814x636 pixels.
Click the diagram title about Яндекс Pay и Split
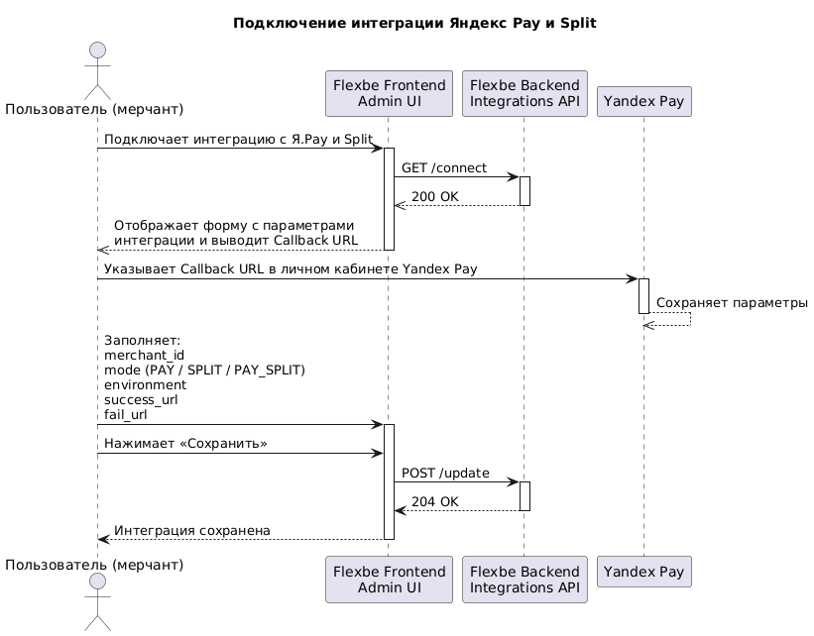tap(414, 24)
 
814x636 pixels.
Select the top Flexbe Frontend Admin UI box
tap(389, 93)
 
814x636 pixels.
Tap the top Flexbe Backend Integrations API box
tap(524, 93)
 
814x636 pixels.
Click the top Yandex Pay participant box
tap(643, 101)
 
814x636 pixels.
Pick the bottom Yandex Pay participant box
tap(643, 572)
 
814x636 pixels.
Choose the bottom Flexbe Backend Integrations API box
tap(524, 580)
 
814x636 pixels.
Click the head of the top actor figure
tap(97, 51)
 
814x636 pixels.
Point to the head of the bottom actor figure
tap(97, 582)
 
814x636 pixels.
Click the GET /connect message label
tap(444, 168)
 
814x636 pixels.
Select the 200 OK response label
tap(435, 197)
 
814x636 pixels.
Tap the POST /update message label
tap(445, 474)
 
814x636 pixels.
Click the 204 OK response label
tap(435, 502)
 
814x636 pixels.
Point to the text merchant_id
tap(145, 356)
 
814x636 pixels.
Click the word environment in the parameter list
tap(146, 385)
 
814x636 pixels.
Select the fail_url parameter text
tap(126, 415)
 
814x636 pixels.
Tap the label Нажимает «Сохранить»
tap(185, 444)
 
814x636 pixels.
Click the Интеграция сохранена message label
tap(192, 531)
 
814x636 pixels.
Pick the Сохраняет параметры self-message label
tap(732, 303)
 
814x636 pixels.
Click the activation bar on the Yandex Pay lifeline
tap(643, 296)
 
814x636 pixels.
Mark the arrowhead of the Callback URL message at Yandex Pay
tap(634, 279)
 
